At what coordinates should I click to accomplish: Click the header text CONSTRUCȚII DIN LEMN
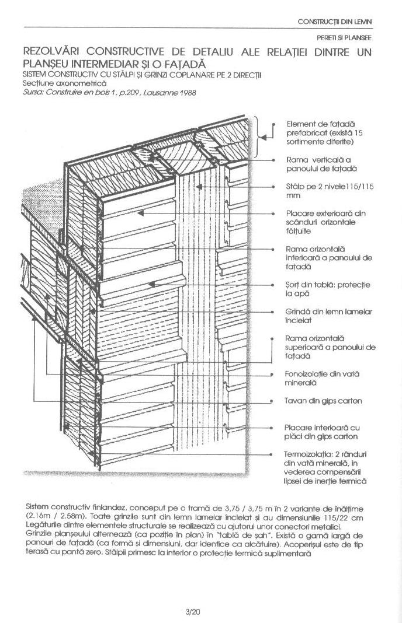point(335,22)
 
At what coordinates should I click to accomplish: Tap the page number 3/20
point(193,612)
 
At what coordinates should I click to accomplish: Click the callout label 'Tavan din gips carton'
point(323,401)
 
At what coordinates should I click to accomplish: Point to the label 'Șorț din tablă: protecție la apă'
point(328,289)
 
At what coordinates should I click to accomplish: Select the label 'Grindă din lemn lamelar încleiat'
point(328,316)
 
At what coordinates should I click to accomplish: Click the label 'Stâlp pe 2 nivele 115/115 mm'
point(328,192)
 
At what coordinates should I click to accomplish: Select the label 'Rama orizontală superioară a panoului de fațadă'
point(330,346)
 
